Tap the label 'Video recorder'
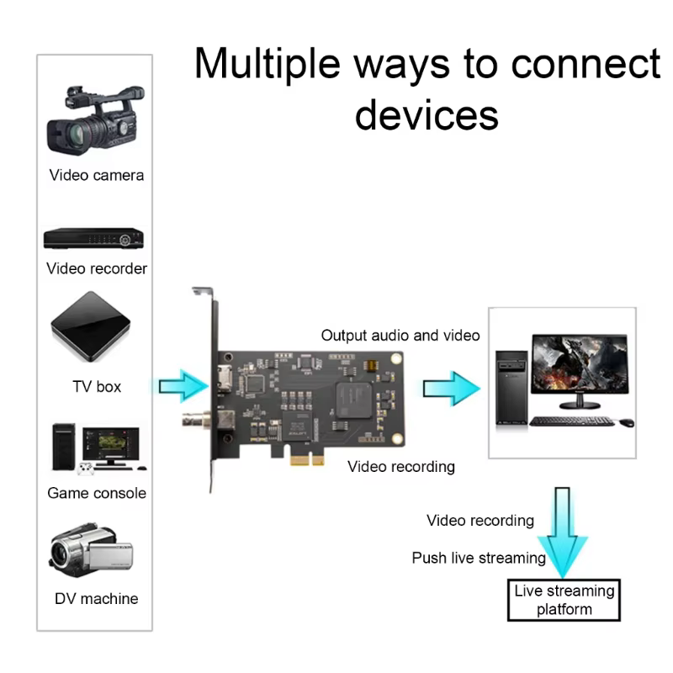coord(97,268)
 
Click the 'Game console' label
coord(97,493)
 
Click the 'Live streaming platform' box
coord(564,600)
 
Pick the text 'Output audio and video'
coord(400,336)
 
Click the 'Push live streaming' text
coord(479,558)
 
